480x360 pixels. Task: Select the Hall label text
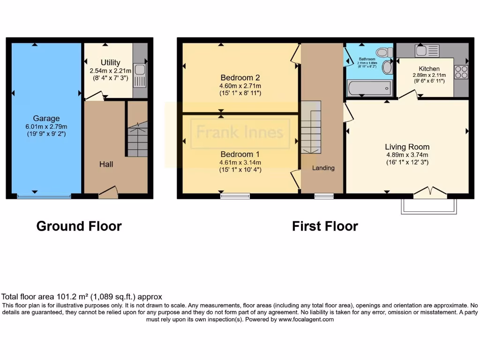(x=106, y=164)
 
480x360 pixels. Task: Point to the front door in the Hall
(x=108, y=192)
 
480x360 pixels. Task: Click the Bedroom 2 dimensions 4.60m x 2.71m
(x=240, y=86)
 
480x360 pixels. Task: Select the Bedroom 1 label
(x=240, y=154)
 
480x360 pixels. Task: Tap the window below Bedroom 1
(x=235, y=196)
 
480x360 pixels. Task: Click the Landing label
(x=323, y=168)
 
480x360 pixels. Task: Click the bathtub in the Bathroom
(x=368, y=88)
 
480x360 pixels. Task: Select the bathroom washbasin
(x=387, y=67)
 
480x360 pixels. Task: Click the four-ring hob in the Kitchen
(x=461, y=72)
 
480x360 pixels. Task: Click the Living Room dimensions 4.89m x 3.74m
(x=407, y=155)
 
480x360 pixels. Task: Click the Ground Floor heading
(x=79, y=226)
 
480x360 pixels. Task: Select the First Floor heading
(x=325, y=226)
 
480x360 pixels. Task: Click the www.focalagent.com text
(x=306, y=319)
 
